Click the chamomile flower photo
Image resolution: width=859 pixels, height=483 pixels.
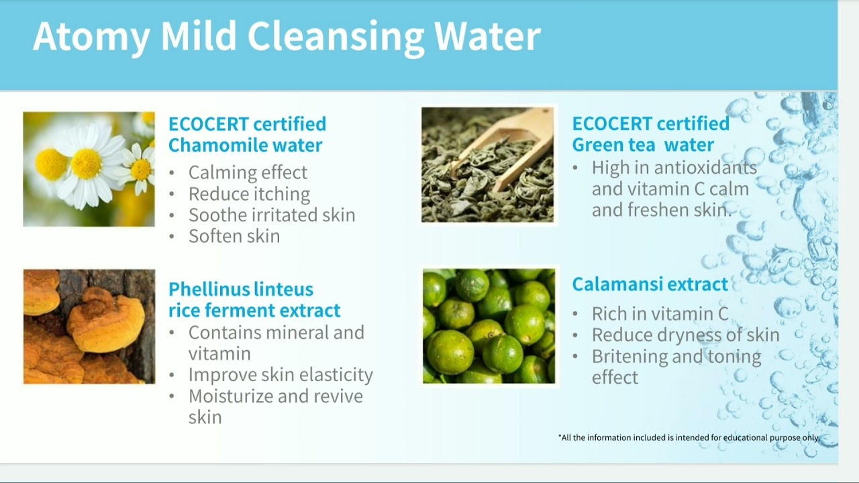tap(89, 169)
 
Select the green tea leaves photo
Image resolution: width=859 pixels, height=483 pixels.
tap(487, 165)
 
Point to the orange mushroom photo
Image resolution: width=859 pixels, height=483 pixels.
tap(89, 327)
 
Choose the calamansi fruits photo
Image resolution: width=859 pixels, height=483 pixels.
tap(489, 327)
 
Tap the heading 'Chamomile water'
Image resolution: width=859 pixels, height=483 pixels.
tap(245, 145)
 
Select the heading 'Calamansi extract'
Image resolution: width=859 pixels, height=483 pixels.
tap(650, 284)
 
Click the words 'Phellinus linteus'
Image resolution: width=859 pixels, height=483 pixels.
tap(240, 290)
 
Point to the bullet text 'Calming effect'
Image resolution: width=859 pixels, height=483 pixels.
tap(248, 173)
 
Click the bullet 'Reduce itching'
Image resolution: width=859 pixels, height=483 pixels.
tap(249, 195)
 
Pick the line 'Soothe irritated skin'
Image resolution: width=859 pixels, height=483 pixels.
tap(272, 215)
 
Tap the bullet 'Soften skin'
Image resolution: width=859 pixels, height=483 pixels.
tap(234, 236)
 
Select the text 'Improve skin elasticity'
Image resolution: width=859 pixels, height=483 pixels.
tap(281, 375)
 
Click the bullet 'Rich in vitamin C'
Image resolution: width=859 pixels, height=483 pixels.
tap(660, 314)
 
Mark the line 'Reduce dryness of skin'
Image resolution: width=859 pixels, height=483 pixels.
tap(685, 335)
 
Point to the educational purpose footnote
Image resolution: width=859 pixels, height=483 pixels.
tap(689, 437)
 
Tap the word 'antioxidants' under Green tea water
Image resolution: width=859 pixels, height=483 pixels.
tap(705, 168)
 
